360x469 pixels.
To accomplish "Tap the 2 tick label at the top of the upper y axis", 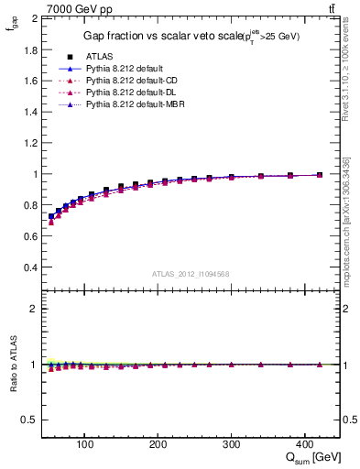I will [x=33, y=18].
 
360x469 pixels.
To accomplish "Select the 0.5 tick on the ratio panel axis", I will [x=28, y=420].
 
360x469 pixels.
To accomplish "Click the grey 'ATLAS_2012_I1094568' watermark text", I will [x=190, y=273].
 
